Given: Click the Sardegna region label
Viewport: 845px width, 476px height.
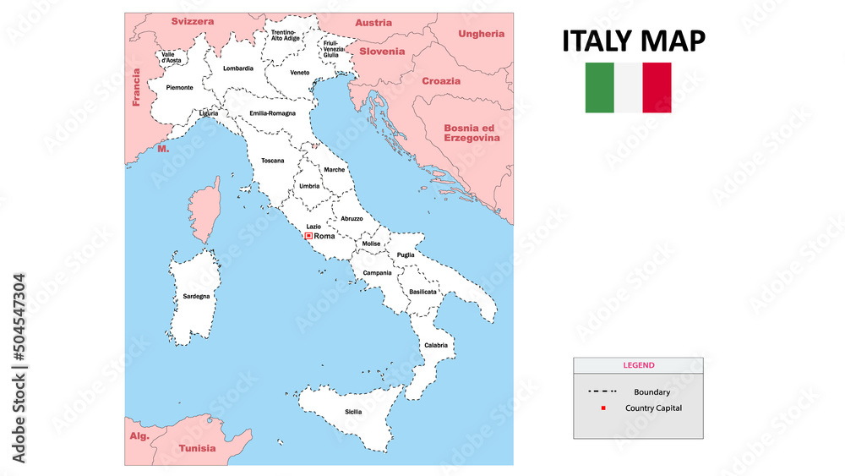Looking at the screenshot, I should click(x=196, y=297).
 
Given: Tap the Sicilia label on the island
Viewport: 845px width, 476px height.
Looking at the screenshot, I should click(x=353, y=412).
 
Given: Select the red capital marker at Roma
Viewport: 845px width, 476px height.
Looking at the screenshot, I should click(x=309, y=236).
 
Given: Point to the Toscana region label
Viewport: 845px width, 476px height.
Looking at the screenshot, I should click(x=273, y=161).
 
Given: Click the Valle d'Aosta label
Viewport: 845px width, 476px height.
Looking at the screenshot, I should click(x=172, y=57).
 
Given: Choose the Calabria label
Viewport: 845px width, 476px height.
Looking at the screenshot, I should click(x=436, y=345).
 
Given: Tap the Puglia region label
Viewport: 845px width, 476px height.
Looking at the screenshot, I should click(x=406, y=254).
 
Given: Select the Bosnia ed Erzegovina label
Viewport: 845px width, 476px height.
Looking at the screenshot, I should click(x=472, y=133).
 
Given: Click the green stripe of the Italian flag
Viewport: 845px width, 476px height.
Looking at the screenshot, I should click(x=600, y=87).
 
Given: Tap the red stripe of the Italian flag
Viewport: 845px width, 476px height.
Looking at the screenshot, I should click(x=657, y=87).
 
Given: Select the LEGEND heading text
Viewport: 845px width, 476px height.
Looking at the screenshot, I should click(x=638, y=365).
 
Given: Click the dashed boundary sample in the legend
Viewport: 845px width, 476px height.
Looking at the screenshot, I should click(x=602, y=391).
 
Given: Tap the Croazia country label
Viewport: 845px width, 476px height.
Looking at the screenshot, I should click(x=442, y=81).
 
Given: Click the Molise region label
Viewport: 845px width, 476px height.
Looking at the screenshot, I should click(x=372, y=243).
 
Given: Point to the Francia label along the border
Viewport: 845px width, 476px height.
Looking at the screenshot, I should click(x=135, y=88).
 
